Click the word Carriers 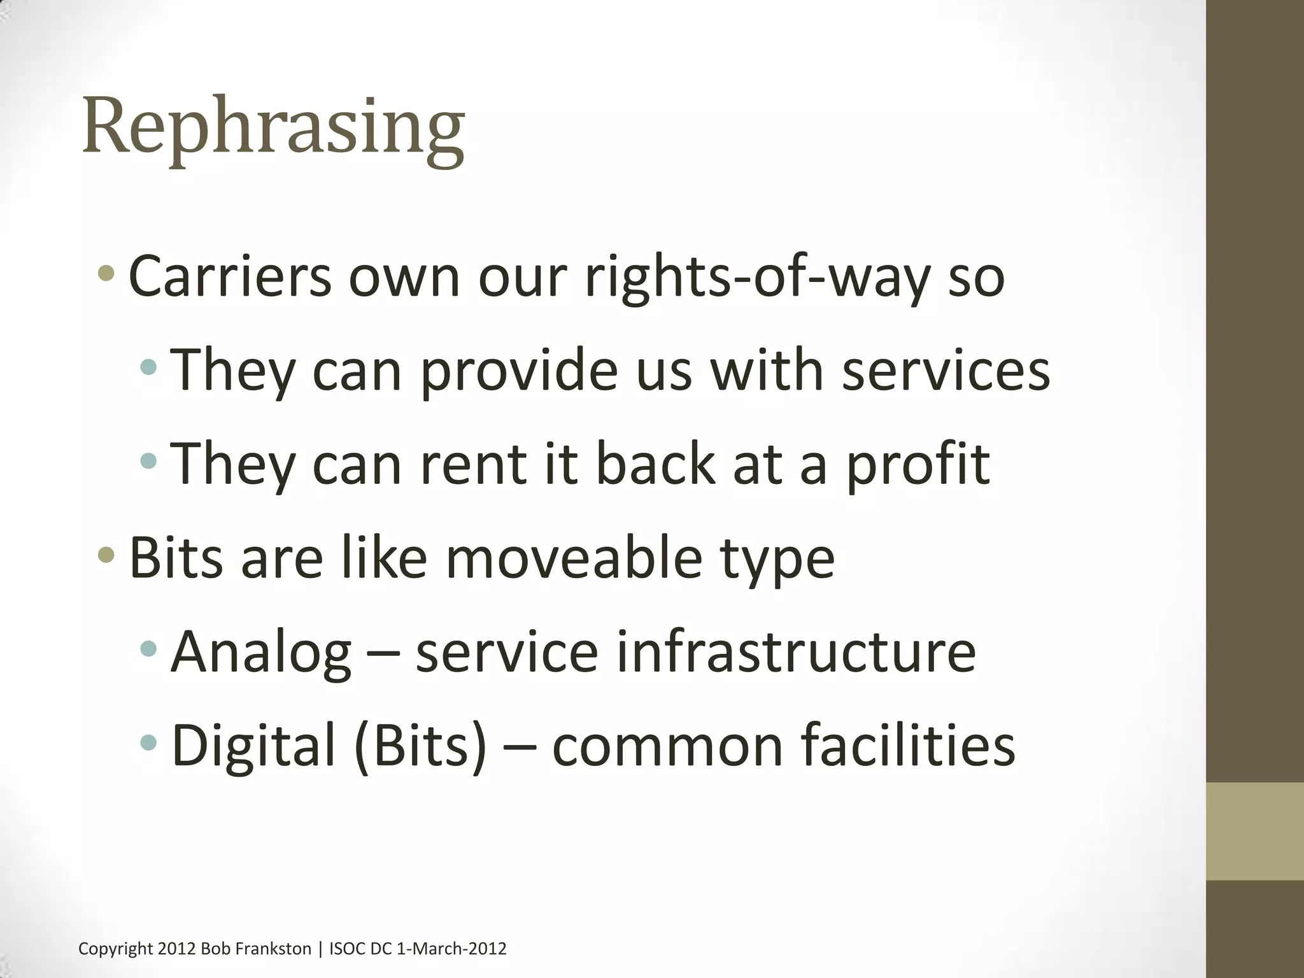[230, 277]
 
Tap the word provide [519, 371]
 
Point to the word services [946, 371]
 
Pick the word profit [918, 465]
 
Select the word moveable [573, 558]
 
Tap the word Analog [261, 652]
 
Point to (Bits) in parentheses [421, 746]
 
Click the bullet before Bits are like [106, 555]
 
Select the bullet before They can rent [148, 460]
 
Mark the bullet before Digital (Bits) [148, 742]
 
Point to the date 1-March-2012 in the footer [451, 949]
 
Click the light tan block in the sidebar [1254, 831]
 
